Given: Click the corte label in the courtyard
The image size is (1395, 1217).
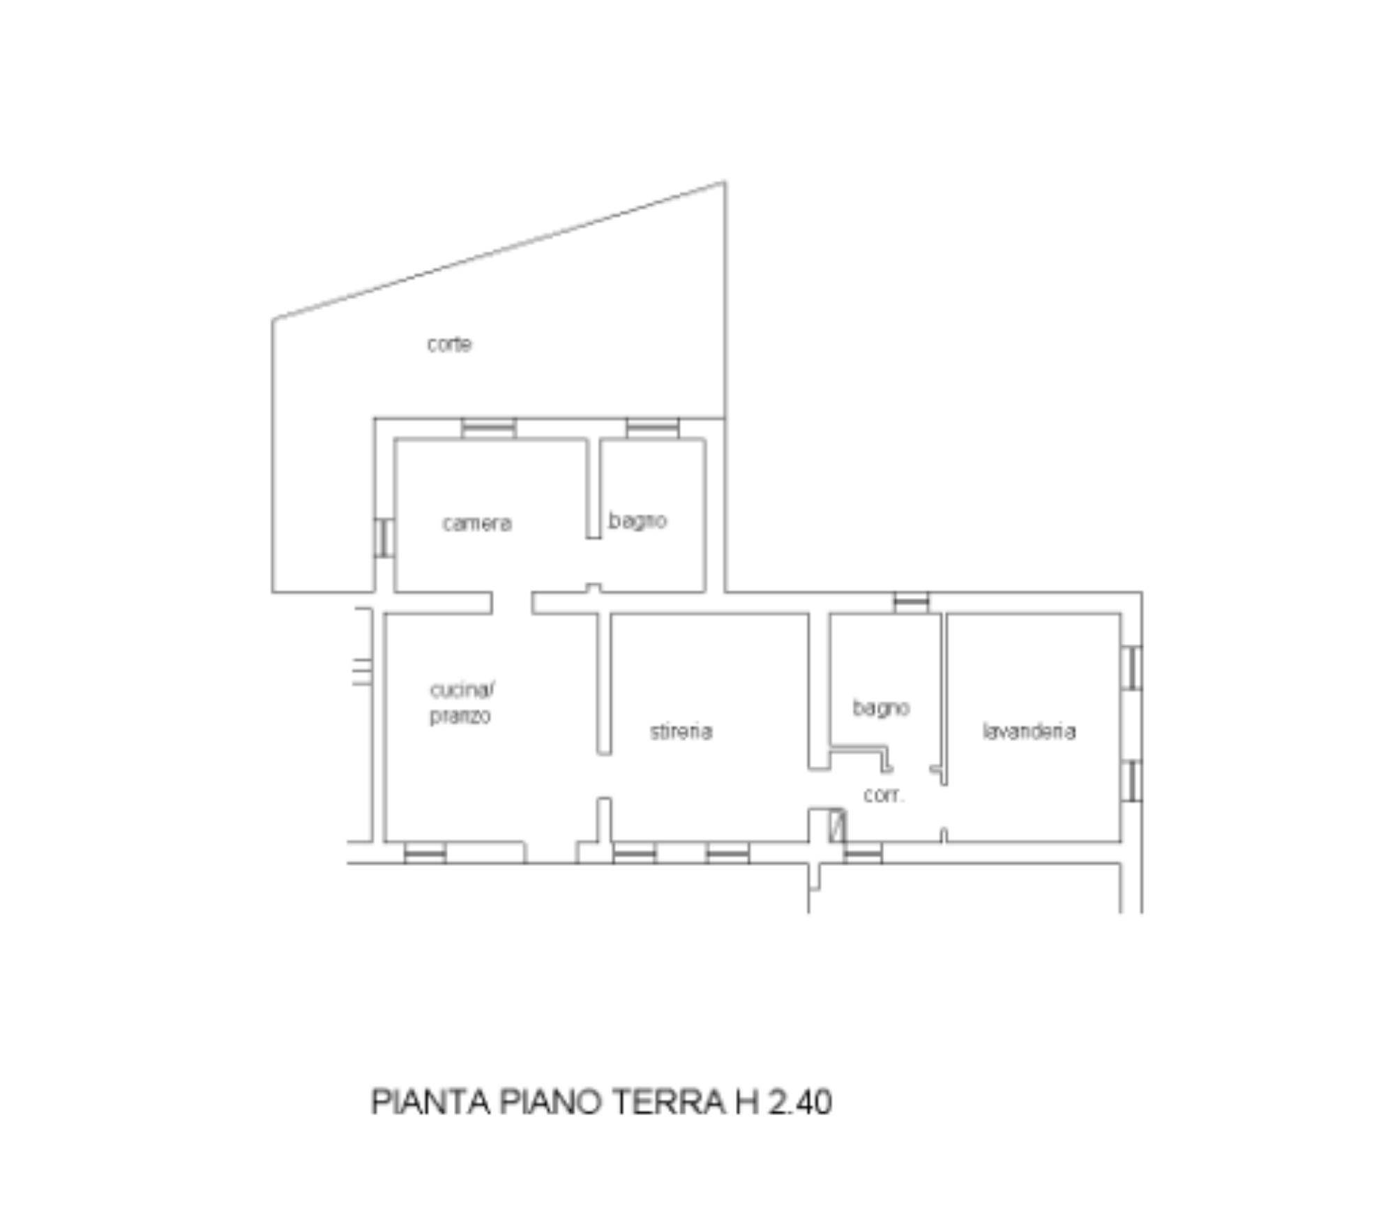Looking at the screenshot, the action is pos(449,344).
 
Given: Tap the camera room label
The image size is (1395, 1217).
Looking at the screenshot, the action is pos(477,523).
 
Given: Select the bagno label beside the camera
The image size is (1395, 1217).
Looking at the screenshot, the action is pos(638,521).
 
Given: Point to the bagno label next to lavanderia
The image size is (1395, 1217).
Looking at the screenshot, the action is pos(881,708).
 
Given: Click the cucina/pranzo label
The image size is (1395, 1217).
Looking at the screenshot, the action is pos(461,703).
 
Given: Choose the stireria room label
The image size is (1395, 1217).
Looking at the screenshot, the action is pos(681,731).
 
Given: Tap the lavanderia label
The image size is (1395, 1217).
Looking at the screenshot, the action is pos(1029,731).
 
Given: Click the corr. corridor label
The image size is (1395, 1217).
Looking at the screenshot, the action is pos(884,796).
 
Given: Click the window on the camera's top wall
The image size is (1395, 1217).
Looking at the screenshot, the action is pos(489,428).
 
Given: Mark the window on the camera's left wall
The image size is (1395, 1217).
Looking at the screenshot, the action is pos(384,538).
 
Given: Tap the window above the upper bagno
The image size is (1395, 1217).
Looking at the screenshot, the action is pos(653,428).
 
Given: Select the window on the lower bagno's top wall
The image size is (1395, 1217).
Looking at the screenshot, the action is pos(912,602).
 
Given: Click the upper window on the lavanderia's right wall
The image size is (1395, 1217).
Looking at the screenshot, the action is pos(1131,668).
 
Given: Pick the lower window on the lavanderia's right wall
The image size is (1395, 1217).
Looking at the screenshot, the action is pos(1131,781).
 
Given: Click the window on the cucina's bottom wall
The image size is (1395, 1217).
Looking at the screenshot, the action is pos(425,853).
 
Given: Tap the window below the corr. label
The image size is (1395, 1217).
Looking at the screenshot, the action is pos(863,853).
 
